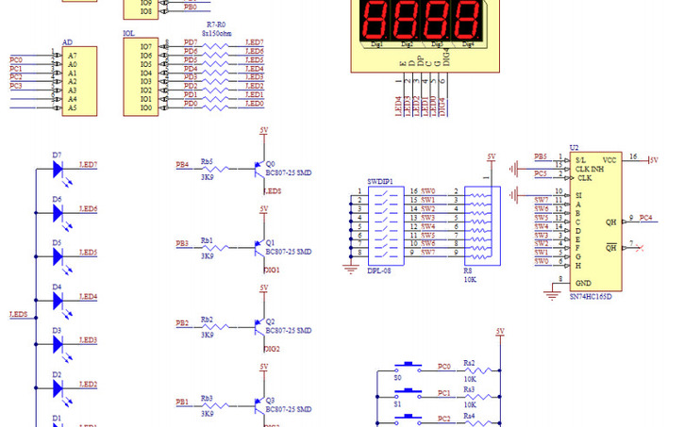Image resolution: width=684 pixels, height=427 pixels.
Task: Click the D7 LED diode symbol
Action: tap(58, 171)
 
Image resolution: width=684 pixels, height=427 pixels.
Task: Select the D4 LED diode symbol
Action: tap(58, 302)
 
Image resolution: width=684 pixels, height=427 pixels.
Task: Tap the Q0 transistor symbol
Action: tap(257, 170)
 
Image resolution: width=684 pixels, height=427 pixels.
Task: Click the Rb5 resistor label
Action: tap(207, 161)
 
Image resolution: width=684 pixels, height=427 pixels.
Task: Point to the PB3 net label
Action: tap(182, 243)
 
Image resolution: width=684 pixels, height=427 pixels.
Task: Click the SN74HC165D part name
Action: tap(591, 297)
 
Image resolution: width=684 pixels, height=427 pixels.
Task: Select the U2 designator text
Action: tap(575, 148)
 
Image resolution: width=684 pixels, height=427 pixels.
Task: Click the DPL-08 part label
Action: tap(379, 270)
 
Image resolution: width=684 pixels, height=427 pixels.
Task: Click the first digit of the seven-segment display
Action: tap(376, 18)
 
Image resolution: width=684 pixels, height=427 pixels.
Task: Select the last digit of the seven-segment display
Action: tap(466, 18)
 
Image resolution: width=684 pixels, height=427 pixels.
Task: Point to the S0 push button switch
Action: tap(409, 366)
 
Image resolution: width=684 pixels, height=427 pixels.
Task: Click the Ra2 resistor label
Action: tap(469, 361)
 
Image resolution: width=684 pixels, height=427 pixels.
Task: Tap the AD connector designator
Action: tap(67, 42)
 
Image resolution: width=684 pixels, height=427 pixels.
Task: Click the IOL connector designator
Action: tap(129, 34)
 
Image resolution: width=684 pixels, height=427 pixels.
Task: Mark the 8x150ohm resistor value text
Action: tap(216, 32)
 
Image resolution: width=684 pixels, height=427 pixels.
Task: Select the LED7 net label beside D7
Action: tap(88, 165)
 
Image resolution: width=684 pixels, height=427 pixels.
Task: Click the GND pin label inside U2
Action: tap(584, 283)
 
